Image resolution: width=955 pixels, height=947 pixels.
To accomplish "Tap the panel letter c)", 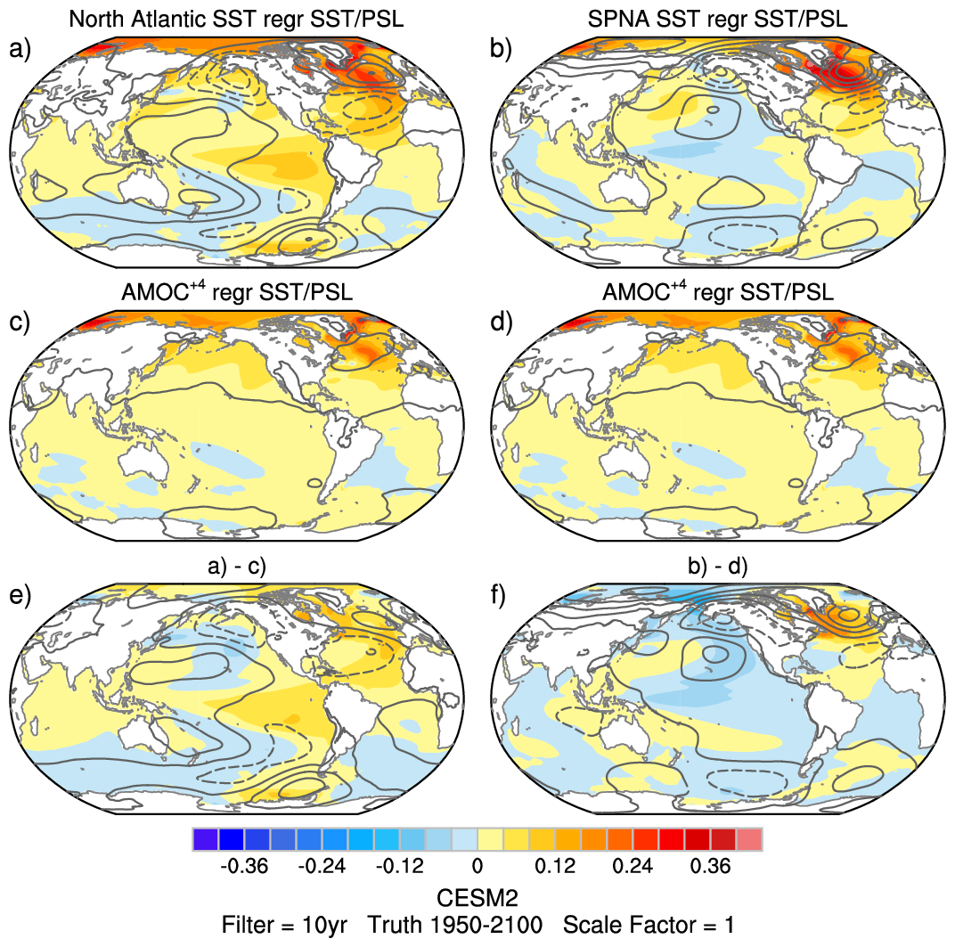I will [20, 322].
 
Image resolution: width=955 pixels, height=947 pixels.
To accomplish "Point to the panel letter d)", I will [501, 322].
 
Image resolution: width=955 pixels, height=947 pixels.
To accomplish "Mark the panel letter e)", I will [20, 595].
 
